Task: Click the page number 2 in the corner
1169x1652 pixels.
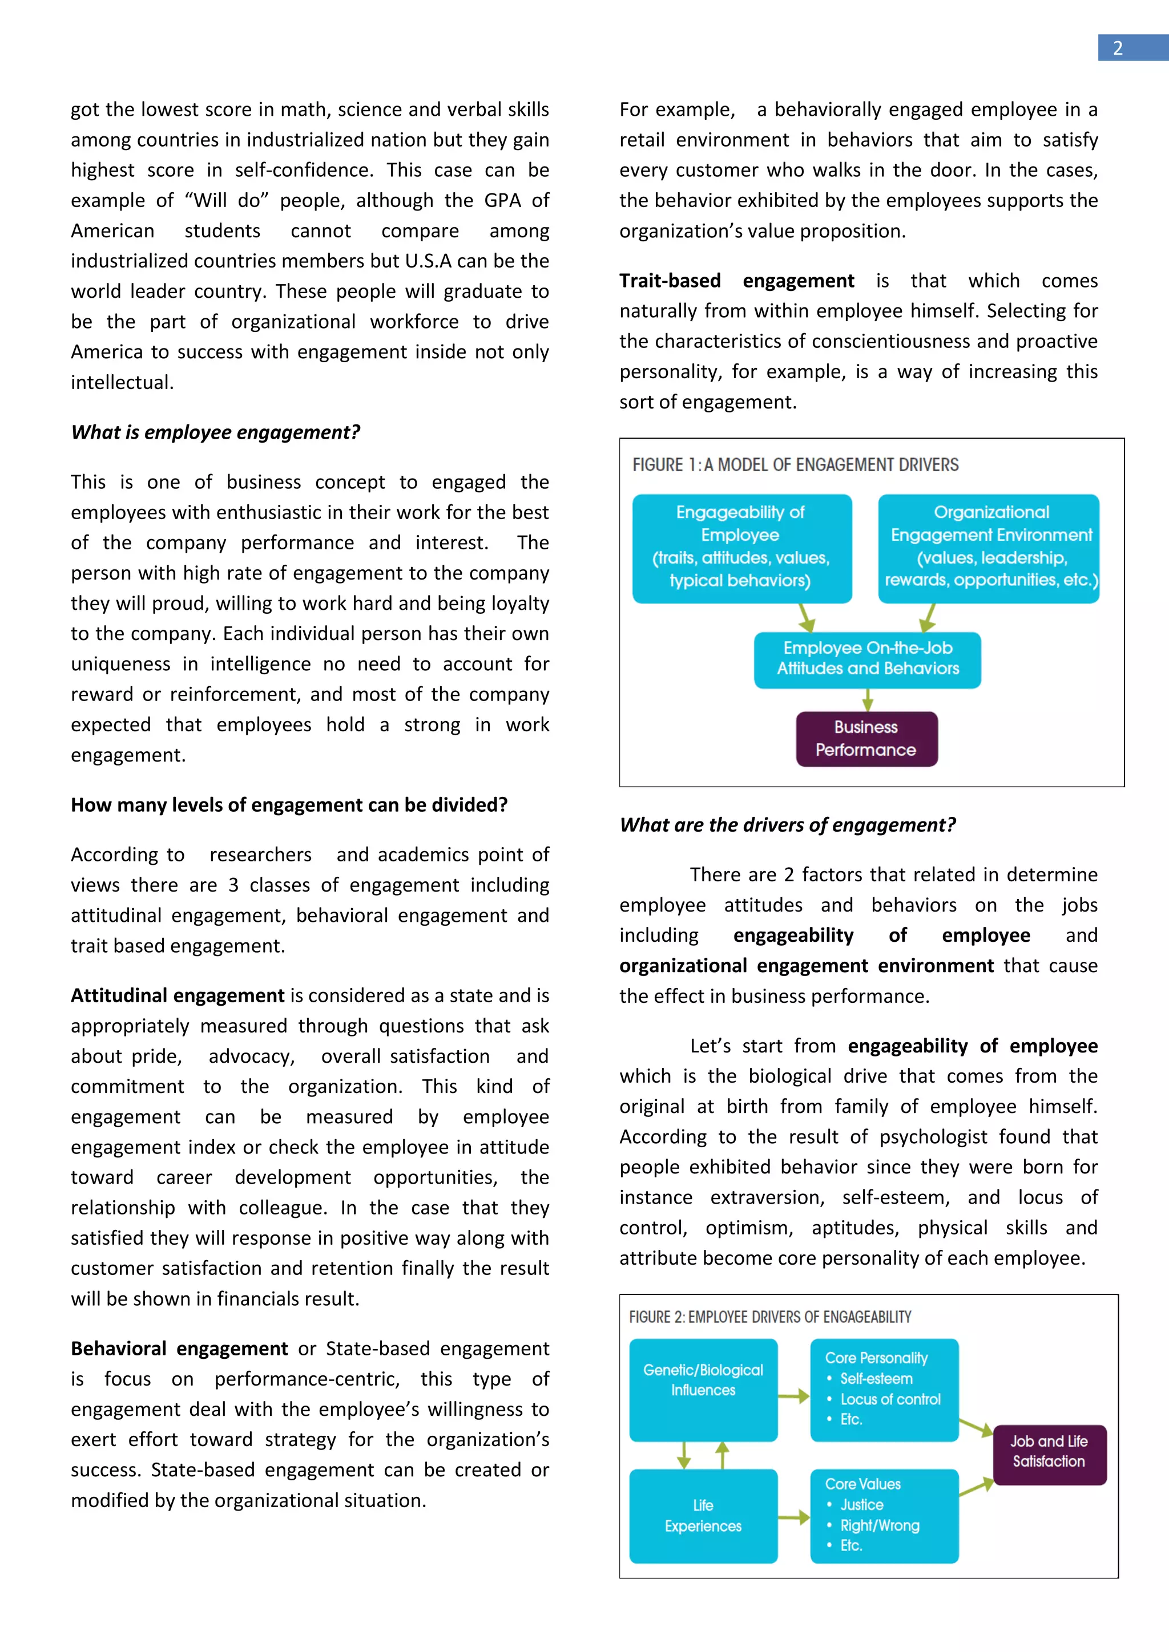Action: click(1117, 48)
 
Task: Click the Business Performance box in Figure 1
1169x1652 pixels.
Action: click(866, 738)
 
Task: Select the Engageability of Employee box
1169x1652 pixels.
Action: click(741, 548)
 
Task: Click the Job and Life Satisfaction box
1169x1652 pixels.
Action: click(1048, 1451)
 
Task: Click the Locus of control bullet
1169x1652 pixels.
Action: click(890, 1399)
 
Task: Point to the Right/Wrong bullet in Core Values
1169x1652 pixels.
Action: click(879, 1525)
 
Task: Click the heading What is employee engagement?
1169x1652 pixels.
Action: click(215, 432)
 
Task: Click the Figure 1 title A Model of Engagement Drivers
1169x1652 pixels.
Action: click(795, 465)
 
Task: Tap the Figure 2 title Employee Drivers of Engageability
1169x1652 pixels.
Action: click(769, 1317)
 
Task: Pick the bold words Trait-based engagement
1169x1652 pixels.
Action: click(736, 281)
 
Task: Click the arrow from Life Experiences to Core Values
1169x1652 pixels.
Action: click(793, 1517)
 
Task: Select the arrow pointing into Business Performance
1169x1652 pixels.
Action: click(868, 699)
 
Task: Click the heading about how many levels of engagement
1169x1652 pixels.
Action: click(289, 804)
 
